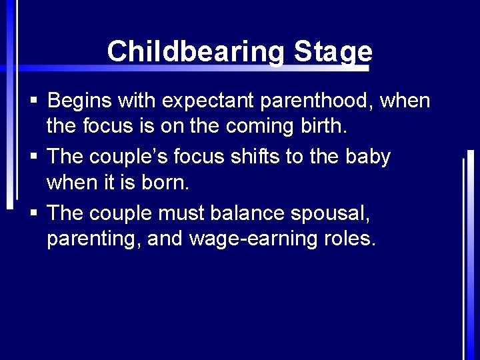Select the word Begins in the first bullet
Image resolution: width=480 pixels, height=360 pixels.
point(80,101)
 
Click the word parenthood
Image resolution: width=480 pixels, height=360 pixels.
point(317,101)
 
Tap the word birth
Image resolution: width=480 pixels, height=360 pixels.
point(323,125)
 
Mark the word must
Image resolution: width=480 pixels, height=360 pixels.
point(182,213)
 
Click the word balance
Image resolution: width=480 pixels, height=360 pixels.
point(247,213)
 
